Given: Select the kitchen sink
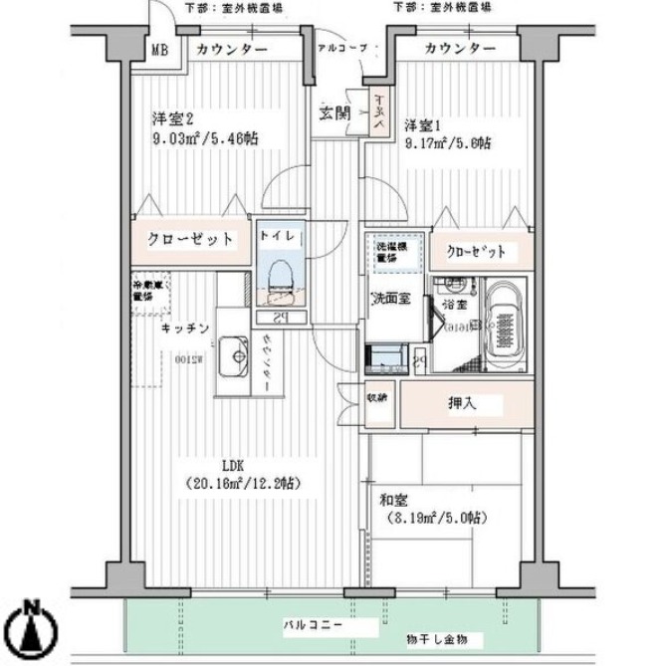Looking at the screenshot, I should (237, 353).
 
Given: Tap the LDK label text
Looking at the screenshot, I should (234, 464).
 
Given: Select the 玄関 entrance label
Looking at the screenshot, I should (332, 112).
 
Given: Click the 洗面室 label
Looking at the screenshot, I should (389, 299).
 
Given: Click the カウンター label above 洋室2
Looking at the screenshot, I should (232, 50).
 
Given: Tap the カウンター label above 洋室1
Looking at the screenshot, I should (460, 50).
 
